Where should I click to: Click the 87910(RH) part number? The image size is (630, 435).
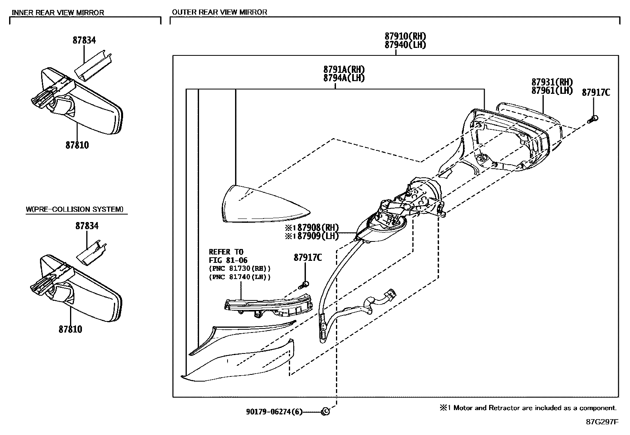[x=405, y=36]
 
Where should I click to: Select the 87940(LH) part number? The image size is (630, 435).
[x=405, y=45]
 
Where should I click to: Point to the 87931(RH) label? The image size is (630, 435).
[x=552, y=82]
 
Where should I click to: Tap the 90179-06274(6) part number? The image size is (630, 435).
[x=274, y=412]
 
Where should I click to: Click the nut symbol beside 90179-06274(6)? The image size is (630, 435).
[x=325, y=412]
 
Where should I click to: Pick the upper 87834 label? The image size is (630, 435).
[x=84, y=40]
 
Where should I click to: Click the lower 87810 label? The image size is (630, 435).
[x=70, y=329]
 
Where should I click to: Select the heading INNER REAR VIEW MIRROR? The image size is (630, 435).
[x=58, y=12]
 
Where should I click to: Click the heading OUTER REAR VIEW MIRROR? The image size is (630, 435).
[x=220, y=12]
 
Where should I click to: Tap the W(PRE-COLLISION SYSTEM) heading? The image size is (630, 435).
[x=74, y=209]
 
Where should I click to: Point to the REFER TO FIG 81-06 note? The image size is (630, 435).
[x=226, y=256]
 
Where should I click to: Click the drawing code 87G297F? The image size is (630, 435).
[x=602, y=422]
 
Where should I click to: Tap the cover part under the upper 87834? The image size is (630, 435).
[x=94, y=64]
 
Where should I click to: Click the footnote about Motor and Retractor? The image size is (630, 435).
[x=528, y=408]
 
